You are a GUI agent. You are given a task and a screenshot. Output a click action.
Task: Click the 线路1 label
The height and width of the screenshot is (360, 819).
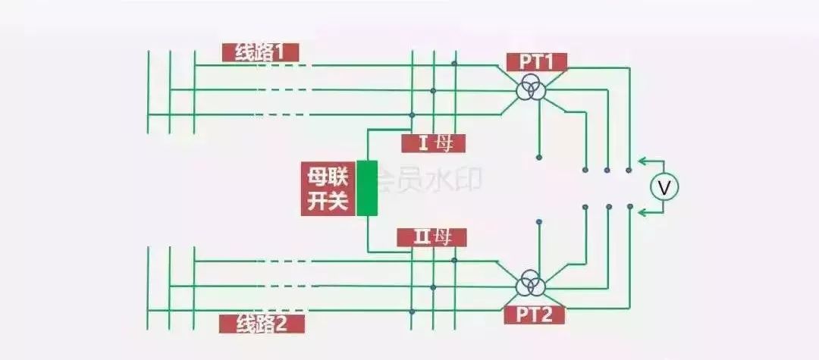pos(260,52)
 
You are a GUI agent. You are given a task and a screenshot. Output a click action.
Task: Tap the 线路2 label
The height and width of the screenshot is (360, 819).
pos(262,324)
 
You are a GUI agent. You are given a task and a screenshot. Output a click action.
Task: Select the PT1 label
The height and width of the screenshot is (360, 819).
pos(536,61)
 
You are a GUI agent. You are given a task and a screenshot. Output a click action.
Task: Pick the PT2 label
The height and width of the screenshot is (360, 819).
pos(536,315)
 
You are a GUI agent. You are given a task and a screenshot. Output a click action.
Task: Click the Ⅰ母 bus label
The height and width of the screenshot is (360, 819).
pos(432,142)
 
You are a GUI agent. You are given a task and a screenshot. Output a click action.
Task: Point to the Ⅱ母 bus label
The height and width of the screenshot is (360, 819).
pos(431,238)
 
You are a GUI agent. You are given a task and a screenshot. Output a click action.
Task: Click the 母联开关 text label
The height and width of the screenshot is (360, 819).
pos(328,189)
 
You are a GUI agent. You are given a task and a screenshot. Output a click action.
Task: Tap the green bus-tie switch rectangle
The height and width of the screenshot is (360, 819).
pos(367,188)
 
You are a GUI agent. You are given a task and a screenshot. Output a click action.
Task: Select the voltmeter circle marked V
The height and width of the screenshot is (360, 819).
pos(664,187)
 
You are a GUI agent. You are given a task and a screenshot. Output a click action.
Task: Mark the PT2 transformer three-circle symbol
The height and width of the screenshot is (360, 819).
pos(530,286)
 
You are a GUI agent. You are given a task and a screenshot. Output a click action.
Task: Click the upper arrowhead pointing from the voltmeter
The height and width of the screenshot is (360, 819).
pos(641,161)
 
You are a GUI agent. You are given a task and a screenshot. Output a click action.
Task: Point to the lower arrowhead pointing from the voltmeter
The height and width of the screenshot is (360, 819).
pos(641,213)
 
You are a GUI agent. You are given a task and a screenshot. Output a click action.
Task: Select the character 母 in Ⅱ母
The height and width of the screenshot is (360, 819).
pos(442,238)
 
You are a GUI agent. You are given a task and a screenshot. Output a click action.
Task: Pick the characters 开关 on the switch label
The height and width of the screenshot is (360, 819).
pos(328,202)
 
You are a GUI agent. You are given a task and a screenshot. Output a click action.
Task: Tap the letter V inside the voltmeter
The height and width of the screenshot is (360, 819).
pos(664,187)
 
